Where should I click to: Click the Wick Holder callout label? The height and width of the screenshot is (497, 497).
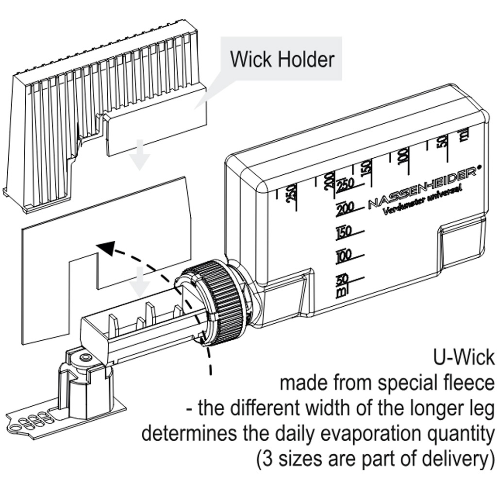282,60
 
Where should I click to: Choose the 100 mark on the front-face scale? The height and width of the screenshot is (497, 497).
344,255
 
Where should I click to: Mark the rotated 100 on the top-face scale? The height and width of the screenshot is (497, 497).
402,155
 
